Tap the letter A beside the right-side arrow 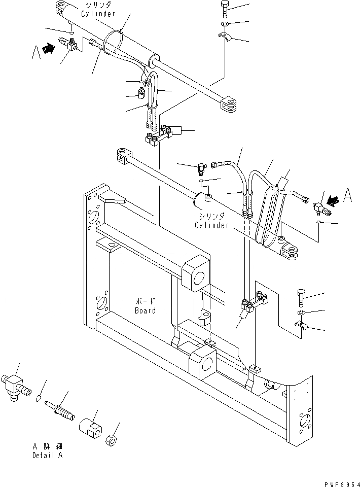click(347, 196)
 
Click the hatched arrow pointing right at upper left click(49, 49)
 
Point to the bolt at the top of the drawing click(225, 10)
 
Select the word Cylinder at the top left click(96, 14)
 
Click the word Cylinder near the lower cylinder click(212, 225)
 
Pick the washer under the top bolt click(225, 24)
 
